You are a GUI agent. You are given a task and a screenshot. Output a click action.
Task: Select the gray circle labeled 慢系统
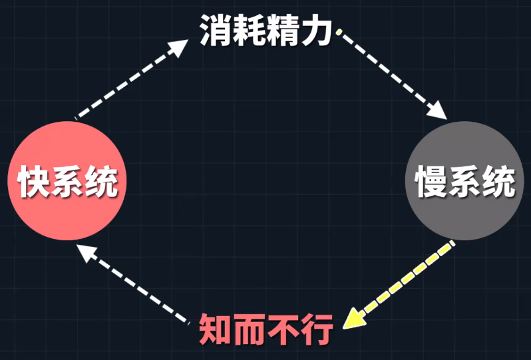pos(464,181)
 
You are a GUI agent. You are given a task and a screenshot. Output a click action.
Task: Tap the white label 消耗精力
pos(266,31)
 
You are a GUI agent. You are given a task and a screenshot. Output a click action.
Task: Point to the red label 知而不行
pos(265,329)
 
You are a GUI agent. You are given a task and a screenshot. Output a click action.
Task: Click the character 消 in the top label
pos(216,31)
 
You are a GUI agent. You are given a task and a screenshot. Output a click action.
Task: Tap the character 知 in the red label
pos(215,329)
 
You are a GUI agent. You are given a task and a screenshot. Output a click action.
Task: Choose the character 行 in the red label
pos(315,329)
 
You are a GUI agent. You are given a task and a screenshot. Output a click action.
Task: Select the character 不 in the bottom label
pos(282,329)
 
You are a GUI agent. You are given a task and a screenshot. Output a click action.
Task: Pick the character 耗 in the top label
pos(250,31)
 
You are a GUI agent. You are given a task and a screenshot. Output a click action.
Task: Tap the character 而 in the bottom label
pos(248,329)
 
